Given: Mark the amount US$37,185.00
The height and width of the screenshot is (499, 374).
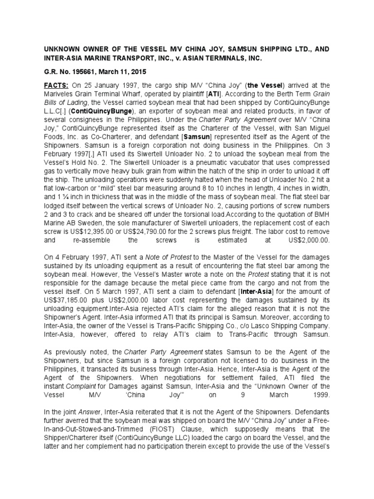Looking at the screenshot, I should click(68, 302).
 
